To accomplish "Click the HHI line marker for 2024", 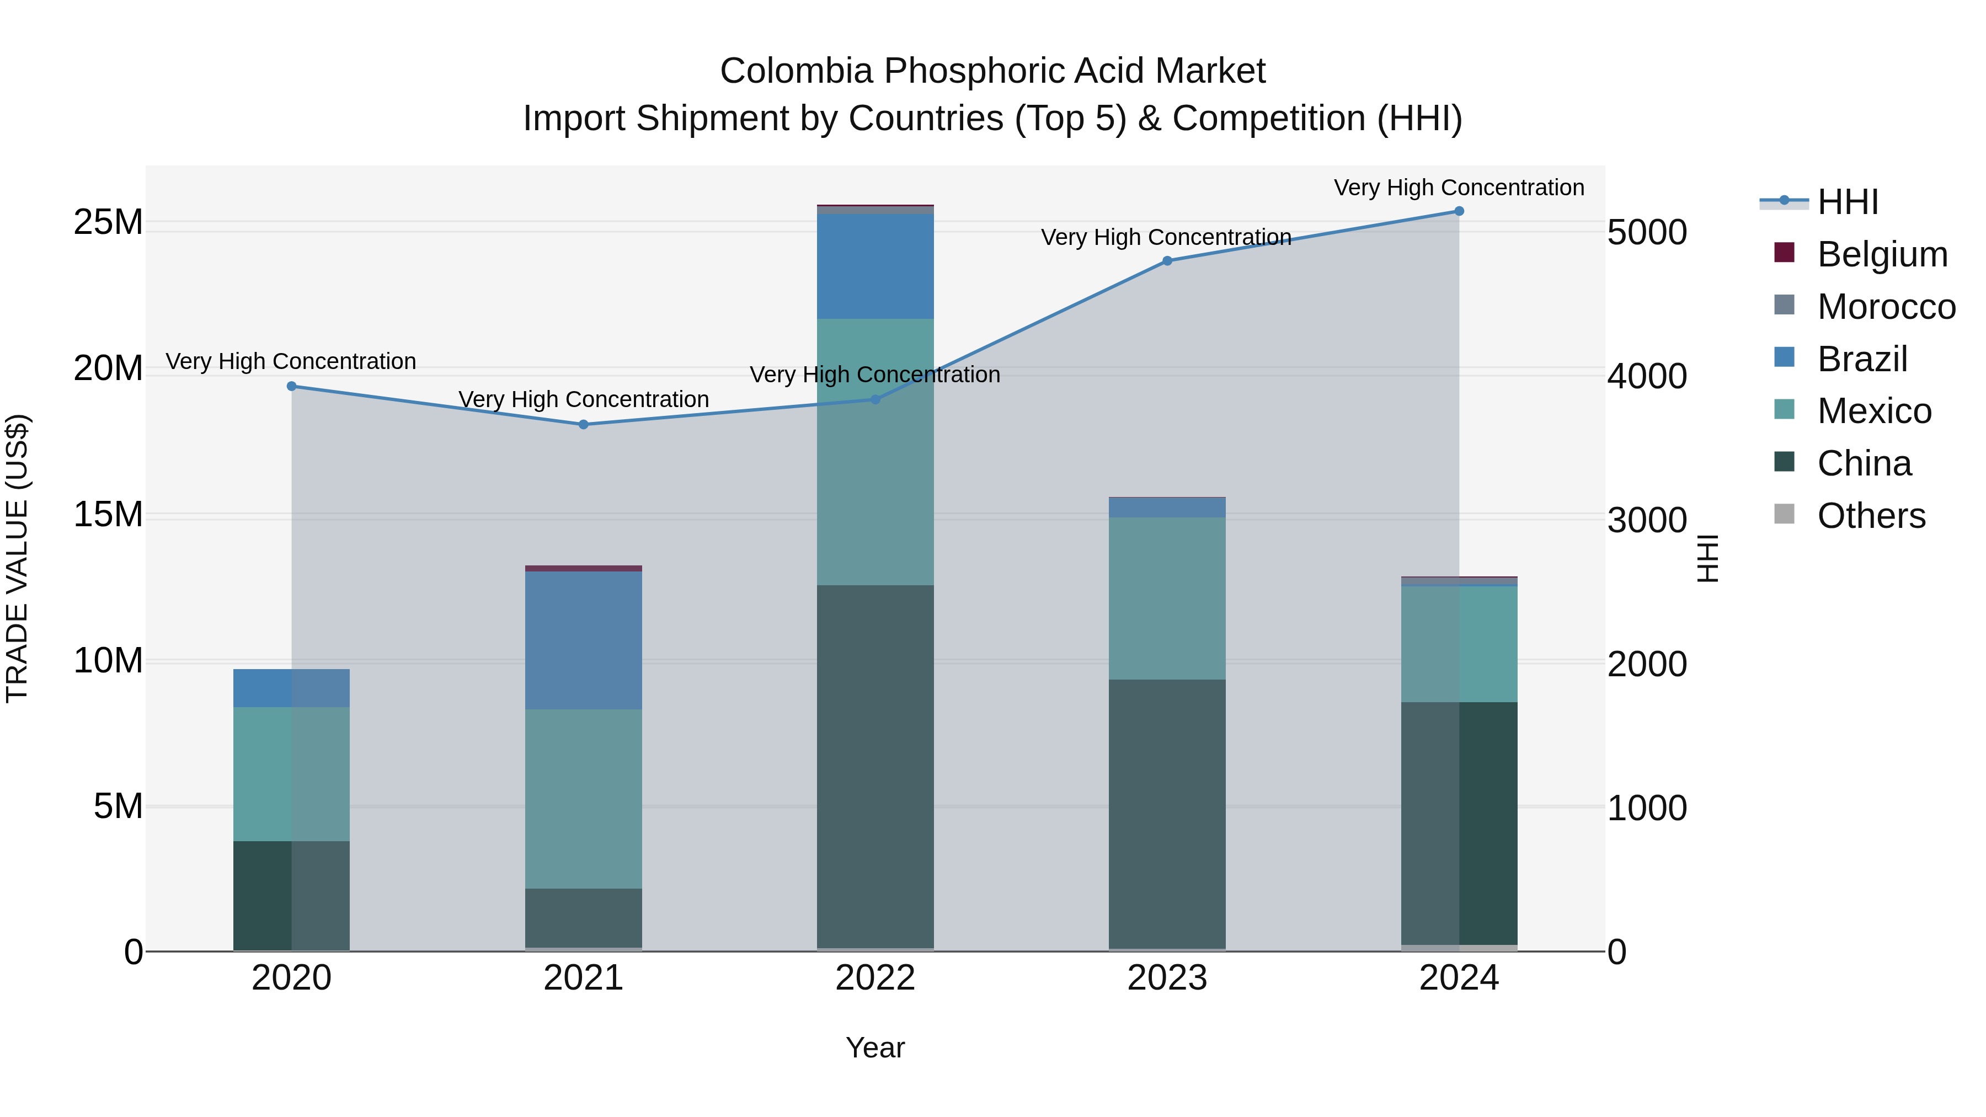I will point(1459,211).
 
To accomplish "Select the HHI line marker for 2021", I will point(584,425).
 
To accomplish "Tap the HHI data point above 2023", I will point(1167,261).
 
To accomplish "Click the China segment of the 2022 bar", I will point(875,767).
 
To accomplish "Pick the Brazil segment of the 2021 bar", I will point(584,640).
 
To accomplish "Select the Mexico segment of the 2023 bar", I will point(1167,598).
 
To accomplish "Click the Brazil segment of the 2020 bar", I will point(291,688).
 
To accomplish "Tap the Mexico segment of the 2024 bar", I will point(1459,644).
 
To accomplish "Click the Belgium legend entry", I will point(1881,254).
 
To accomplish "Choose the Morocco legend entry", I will point(1885,307).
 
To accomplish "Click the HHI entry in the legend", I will point(1847,202).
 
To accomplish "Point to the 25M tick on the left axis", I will point(108,223).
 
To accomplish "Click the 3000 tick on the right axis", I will point(1647,520).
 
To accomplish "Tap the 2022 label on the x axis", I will point(875,978).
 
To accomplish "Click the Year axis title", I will point(875,1047).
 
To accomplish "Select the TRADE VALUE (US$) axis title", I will point(17,558).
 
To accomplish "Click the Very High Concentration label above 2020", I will point(291,361).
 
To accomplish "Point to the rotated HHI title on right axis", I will point(1707,558).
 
